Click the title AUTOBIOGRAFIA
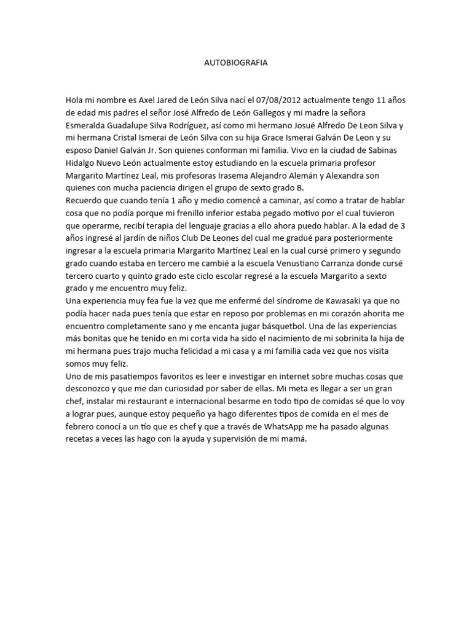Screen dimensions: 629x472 [235, 63]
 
